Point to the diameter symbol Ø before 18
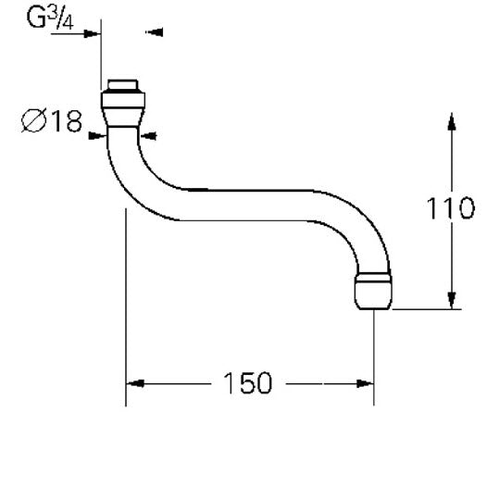[x=31, y=120]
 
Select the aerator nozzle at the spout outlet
[x=373, y=291]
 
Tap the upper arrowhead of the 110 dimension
[x=452, y=121]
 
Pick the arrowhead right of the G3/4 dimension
[x=154, y=32]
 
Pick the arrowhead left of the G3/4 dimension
[x=93, y=32]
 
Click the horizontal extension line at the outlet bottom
[x=426, y=310]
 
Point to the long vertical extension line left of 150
[x=125, y=306]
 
